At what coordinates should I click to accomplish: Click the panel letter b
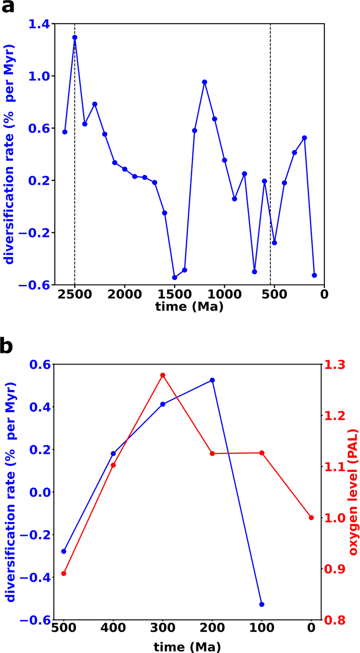9,345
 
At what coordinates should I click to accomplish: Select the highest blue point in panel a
75,37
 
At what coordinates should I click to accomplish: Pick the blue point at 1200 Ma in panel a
205,82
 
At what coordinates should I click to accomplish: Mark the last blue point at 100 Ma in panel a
314,275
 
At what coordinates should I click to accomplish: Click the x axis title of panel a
189,307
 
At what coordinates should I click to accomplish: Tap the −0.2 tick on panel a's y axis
36,233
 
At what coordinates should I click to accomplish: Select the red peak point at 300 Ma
163,375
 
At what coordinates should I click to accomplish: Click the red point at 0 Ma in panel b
311,518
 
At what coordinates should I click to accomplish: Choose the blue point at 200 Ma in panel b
212,380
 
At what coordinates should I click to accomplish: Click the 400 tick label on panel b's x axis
113,628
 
